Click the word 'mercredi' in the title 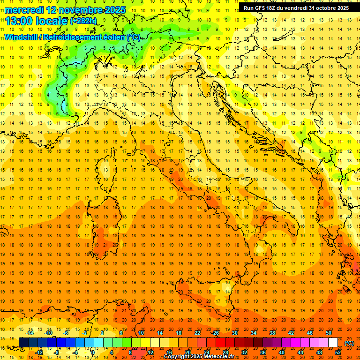pos(24,9)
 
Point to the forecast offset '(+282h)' pos(83,21)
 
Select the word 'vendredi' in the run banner pos(297,8)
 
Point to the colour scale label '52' pos(338,352)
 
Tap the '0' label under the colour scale pos(93,352)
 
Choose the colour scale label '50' pos(329,333)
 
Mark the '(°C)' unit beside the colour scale pos(349,343)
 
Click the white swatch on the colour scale pos(333,343)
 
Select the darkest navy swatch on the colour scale pos(23,343)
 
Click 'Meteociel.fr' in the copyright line pos(217,357)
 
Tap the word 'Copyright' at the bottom pos(180,357)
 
